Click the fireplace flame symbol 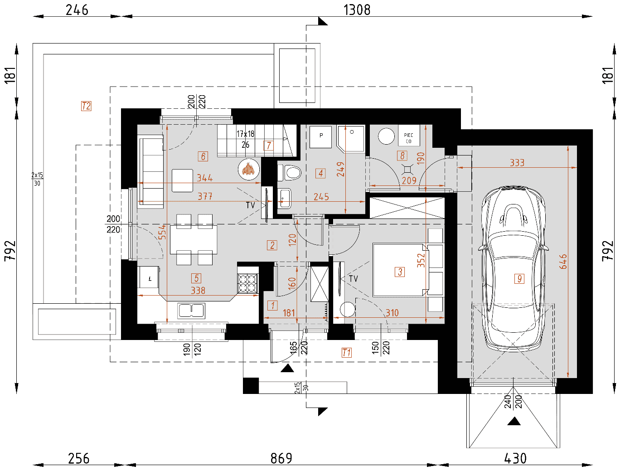[248, 169]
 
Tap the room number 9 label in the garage [519, 278]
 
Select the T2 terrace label [86, 106]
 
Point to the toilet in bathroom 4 [289, 173]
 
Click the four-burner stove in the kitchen [247, 283]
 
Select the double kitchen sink [191, 311]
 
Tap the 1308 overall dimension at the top [357, 10]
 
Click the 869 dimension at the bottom [281, 458]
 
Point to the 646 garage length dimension [563, 261]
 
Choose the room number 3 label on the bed [400, 272]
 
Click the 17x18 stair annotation [246, 134]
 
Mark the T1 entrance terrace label [347, 353]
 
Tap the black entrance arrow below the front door [287, 368]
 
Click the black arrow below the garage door [514, 421]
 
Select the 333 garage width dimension [517, 163]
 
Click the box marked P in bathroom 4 [320, 137]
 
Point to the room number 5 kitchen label [196, 278]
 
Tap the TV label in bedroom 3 [354, 278]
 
